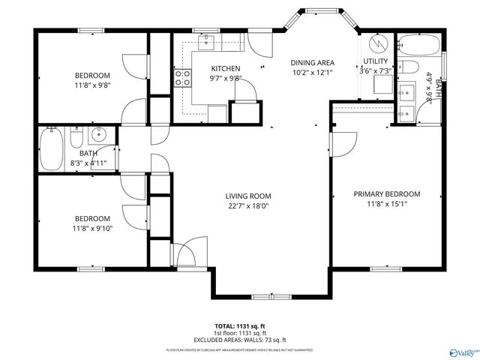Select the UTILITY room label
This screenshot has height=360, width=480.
click(375, 61)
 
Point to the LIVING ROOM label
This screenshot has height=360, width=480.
click(249, 196)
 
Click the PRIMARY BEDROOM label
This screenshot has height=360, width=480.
click(387, 193)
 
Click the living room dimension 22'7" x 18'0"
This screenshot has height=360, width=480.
click(249, 206)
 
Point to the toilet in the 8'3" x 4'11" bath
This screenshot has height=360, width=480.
click(76, 139)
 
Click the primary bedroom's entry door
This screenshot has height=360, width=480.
click(343, 142)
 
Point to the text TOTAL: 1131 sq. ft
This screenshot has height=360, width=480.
click(240, 326)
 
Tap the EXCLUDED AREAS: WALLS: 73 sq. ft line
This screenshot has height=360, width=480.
click(240, 339)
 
